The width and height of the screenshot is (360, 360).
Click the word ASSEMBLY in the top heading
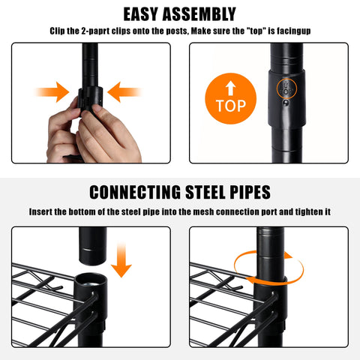click(199, 14)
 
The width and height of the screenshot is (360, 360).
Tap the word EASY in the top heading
click(140, 14)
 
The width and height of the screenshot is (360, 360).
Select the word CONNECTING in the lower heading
click(135, 192)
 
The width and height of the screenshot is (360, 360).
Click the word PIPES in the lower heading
click(250, 192)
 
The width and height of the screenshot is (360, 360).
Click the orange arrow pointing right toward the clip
click(52, 92)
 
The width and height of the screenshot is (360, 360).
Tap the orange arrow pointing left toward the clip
click(124, 92)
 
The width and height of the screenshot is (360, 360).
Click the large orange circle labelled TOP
click(231, 98)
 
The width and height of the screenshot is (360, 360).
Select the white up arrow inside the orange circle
click(231, 88)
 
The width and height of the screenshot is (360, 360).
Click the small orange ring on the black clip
click(286, 88)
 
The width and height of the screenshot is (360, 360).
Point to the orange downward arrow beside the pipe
click(121, 260)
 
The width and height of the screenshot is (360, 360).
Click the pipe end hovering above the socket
click(93, 246)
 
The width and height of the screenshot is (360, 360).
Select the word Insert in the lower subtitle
click(41, 212)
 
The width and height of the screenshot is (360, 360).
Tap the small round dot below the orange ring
click(286, 103)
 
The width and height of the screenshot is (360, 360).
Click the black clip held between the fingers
click(91, 99)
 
